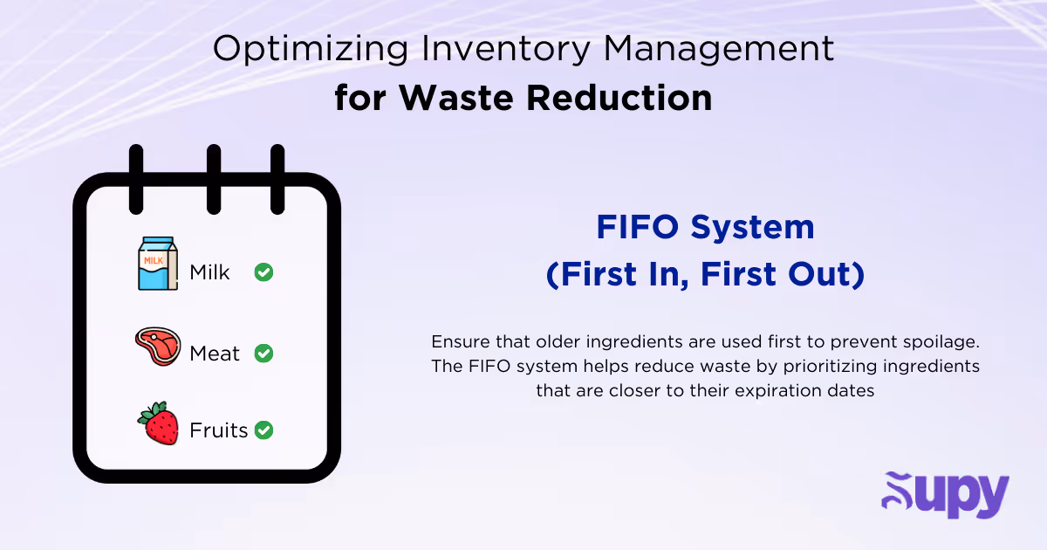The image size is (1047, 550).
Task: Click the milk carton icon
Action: coord(157,265)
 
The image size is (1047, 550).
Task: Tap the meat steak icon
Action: coord(157,347)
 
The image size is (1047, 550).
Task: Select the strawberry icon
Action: coord(158,423)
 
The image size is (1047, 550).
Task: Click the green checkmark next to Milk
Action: coord(263,272)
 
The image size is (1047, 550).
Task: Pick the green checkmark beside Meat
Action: coord(263,354)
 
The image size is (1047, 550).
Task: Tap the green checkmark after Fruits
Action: coord(263,430)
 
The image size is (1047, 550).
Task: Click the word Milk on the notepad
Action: coord(209,272)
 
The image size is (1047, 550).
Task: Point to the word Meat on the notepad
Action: coord(214,354)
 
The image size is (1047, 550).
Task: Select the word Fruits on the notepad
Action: coord(218,430)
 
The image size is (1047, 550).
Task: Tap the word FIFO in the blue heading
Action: coord(638,228)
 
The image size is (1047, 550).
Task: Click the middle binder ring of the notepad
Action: coord(213,178)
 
